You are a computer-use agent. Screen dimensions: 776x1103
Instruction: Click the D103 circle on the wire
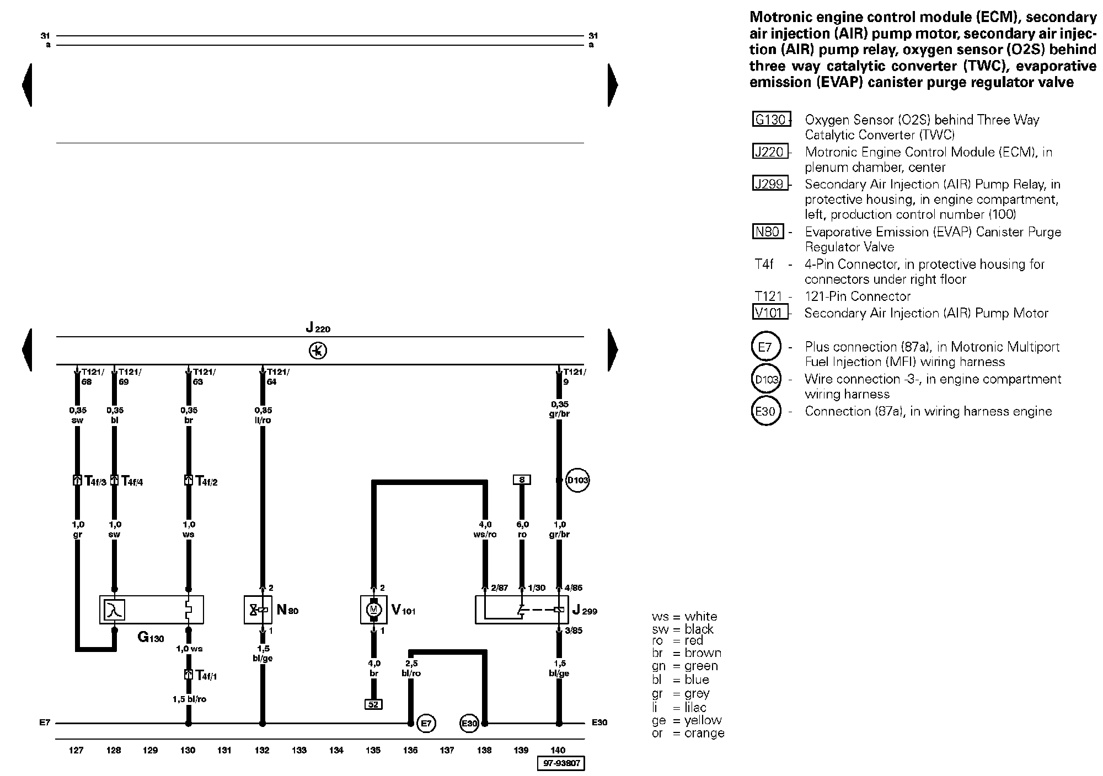click(577, 481)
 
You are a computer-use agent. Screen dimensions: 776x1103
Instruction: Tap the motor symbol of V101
click(373, 609)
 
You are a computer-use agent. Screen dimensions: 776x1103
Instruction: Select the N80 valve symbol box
click(258, 610)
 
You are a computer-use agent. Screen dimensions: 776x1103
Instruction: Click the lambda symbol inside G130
click(115, 610)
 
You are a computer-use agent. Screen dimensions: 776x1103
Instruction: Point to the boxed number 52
click(373, 704)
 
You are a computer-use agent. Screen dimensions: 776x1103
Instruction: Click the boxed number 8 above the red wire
click(521, 479)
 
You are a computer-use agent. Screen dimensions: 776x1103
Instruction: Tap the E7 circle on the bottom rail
click(426, 723)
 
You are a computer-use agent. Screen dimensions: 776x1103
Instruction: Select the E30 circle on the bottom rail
click(469, 723)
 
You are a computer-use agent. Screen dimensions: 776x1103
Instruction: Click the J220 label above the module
click(318, 329)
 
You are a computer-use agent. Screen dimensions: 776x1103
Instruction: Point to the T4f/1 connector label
click(206, 675)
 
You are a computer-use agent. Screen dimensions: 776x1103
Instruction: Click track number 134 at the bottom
click(336, 750)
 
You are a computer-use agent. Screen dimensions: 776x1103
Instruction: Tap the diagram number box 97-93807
click(560, 764)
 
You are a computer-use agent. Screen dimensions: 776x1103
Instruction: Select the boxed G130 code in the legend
click(771, 120)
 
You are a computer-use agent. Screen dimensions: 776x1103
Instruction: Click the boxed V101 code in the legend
click(770, 313)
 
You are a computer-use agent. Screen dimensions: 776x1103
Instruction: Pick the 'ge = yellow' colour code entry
click(687, 720)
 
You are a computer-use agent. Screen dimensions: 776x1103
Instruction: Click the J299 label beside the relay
click(585, 611)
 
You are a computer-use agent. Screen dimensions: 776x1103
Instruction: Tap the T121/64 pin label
click(277, 376)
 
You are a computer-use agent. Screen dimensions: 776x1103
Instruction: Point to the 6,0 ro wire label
click(522, 530)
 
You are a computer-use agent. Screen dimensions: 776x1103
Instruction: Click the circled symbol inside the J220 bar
click(318, 351)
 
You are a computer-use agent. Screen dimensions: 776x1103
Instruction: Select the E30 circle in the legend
click(765, 411)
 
